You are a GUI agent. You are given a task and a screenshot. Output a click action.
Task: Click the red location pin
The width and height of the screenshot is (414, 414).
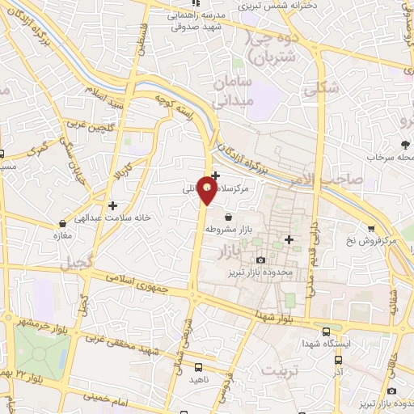(x=208, y=191)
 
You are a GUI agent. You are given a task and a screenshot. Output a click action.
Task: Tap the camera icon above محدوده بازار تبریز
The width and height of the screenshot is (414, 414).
(x=260, y=260)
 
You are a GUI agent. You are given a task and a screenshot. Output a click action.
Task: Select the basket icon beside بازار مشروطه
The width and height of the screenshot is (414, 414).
(x=230, y=217)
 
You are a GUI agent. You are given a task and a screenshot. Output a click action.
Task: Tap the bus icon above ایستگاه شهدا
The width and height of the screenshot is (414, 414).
(x=326, y=332)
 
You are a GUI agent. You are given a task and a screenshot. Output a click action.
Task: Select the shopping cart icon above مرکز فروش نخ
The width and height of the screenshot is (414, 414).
(x=371, y=229)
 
